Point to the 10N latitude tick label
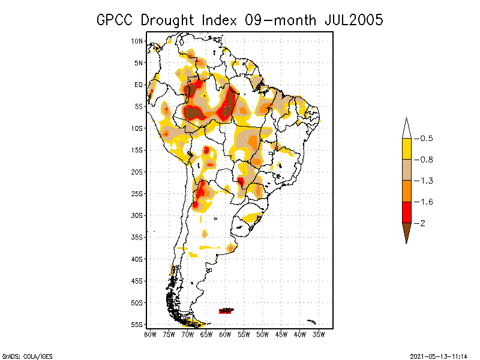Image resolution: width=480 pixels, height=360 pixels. tap(137, 41)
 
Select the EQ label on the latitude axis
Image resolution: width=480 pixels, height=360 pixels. tap(139, 85)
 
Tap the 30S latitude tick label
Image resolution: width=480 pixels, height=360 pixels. tap(137, 215)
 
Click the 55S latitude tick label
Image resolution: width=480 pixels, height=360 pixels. tap(137, 325)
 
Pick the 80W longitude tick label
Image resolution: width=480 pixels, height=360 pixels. tap(150, 334)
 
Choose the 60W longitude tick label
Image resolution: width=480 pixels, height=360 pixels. tap(225, 334)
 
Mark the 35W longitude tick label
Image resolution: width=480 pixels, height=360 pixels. tap(319, 334)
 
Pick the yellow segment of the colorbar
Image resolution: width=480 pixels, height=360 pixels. tap(406, 149)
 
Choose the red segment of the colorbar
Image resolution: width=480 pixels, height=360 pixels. tap(406, 212)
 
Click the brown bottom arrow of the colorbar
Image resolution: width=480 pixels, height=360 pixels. tap(406, 230)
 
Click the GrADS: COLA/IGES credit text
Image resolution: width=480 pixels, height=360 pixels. tap(20, 356)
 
